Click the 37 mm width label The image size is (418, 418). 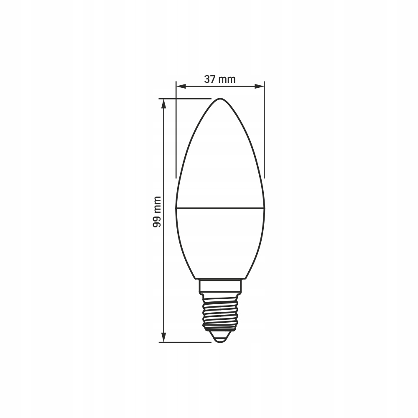tap(220, 79)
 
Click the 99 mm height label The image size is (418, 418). tap(157, 212)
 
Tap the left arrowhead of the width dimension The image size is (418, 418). tap(181, 86)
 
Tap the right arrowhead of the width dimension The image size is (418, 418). tap(260, 86)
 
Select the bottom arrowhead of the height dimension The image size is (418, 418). tap(164, 337)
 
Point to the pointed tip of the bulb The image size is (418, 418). tap(220, 99)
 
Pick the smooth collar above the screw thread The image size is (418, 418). tap(220, 286)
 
